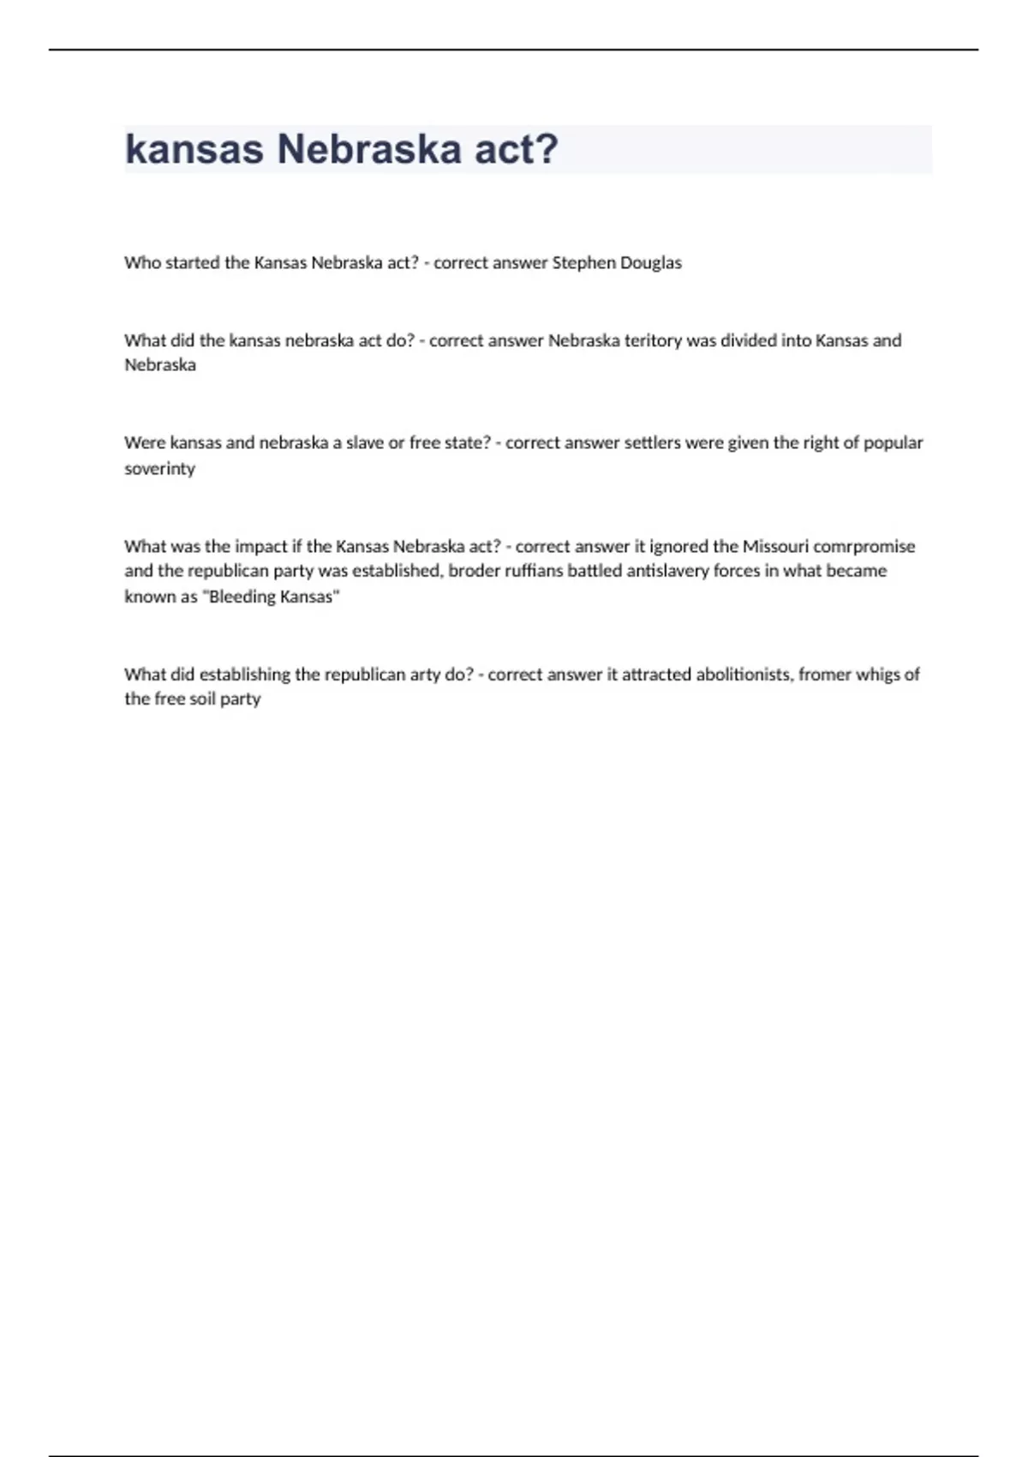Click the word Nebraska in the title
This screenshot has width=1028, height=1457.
369,149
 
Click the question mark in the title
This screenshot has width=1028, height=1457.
546,149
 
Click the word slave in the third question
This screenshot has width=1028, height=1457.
365,443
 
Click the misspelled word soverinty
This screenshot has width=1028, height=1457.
159,469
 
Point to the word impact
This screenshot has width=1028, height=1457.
261,546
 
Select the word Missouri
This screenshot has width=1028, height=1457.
775,546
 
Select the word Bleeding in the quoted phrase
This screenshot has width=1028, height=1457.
242,597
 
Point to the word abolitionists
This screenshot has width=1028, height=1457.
744,675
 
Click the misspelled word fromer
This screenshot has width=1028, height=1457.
824,675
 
